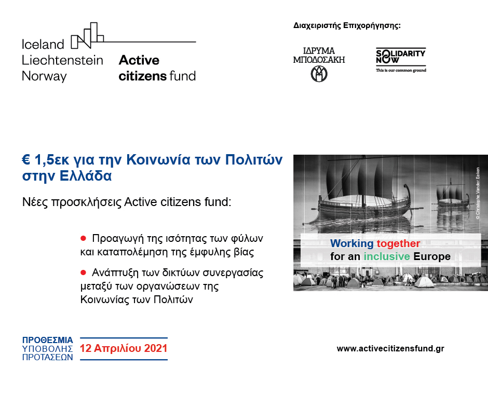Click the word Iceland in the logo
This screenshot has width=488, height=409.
point(43,44)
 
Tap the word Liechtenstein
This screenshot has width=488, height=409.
point(62,60)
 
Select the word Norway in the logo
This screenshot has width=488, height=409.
point(44,76)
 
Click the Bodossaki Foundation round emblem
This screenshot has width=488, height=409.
point(319,74)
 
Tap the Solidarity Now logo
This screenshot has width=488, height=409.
point(400,60)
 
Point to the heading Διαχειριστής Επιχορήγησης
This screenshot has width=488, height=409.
point(347,25)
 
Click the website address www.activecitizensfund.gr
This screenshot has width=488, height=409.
point(390,349)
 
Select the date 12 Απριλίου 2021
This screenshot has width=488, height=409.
point(124,348)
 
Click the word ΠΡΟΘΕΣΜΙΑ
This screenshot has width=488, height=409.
point(47,340)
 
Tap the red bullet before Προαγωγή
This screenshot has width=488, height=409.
point(83,238)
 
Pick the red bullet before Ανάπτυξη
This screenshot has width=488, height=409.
point(83,272)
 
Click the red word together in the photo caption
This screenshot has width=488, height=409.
point(398,243)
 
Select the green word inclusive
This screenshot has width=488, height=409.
point(387,256)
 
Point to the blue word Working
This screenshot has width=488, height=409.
point(351,243)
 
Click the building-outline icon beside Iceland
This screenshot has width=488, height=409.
point(87,35)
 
